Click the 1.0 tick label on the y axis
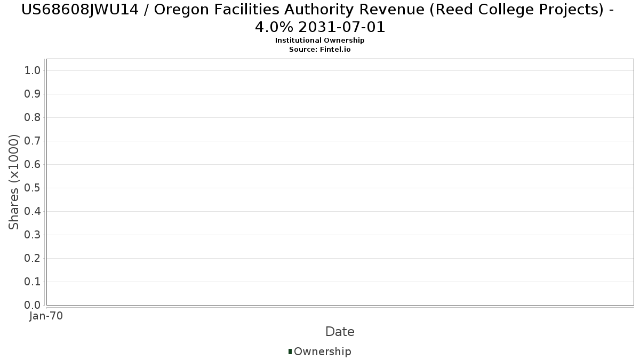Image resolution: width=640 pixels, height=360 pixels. point(33,71)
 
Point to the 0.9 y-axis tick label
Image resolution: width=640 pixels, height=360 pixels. point(33,94)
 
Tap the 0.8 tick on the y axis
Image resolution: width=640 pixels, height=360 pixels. point(33,118)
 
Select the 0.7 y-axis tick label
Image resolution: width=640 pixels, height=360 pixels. point(33,141)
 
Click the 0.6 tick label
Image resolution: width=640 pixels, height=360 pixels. point(33,165)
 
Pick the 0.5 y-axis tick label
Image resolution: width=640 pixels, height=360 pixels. point(33,188)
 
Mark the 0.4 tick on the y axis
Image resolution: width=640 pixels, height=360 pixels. point(33,212)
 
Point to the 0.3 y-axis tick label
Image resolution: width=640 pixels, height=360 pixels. point(33,235)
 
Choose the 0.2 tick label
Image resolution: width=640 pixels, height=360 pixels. point(33,259)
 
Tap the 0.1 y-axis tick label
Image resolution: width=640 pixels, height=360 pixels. point(33,282)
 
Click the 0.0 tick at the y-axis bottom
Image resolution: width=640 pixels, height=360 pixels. point(33,306)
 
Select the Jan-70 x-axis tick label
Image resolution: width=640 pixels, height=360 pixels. point(46,316)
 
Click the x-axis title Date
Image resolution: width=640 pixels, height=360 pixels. point(340,332)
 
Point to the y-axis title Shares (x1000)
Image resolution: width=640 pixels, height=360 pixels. point(14,182)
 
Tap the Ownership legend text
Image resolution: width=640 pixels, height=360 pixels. point(322,352)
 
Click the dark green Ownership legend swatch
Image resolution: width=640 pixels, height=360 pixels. point(290,351)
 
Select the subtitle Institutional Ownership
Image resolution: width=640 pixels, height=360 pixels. point(319,41)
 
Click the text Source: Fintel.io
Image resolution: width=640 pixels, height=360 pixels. point(319,50)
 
